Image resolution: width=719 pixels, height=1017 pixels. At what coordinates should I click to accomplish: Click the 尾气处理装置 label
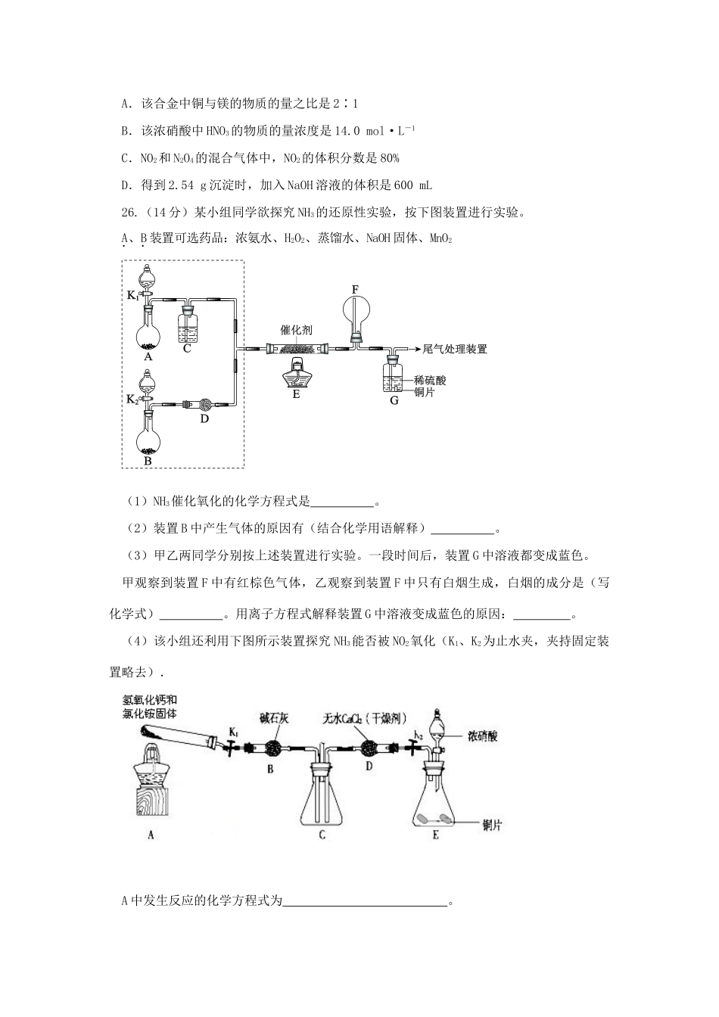(x=454, y=349)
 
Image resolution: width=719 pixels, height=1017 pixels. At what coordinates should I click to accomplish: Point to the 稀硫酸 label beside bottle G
(x=430, y=381)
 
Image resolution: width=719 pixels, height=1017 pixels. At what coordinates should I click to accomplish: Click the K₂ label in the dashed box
(x=132, y=399)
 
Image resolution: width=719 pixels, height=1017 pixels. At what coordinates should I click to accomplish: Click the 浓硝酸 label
(x=483, y=736)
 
